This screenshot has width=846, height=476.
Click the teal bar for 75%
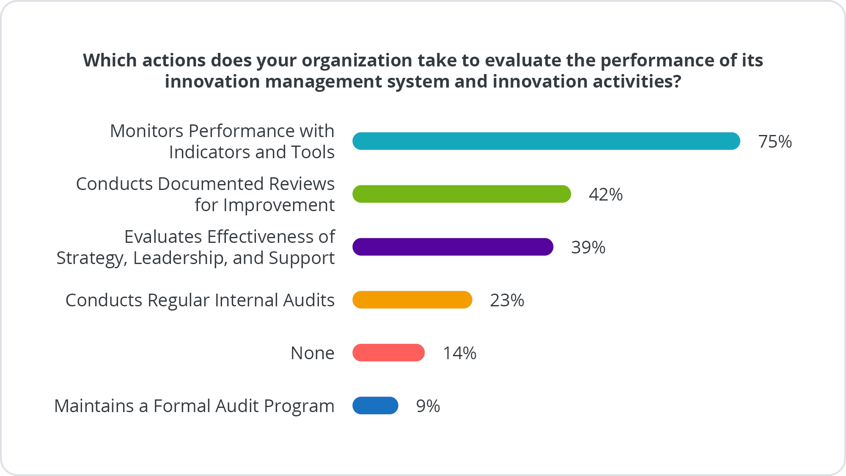(x=546, y=141)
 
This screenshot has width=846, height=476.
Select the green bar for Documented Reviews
(x=461, y=194)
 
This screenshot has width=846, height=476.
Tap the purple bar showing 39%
(x=453, y=247)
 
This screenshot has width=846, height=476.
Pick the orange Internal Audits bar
(x=412, y=300)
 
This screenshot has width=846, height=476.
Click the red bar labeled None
(x=388, y=352)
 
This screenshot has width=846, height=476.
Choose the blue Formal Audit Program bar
(x=375, y=405)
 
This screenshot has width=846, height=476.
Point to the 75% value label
(x=775, y=141)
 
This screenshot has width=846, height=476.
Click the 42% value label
(x=605, y=194)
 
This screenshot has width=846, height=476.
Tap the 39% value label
(x=588, y=247)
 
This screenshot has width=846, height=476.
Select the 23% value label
(x=507, y=300)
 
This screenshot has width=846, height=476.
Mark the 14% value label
(x=459, y=353)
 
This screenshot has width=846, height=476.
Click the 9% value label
(x=428, y=406)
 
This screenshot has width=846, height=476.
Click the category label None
(x=312, y=353)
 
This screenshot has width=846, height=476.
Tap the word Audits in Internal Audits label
(x=309, y=300)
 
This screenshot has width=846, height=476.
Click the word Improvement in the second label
(x=279, y=205)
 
